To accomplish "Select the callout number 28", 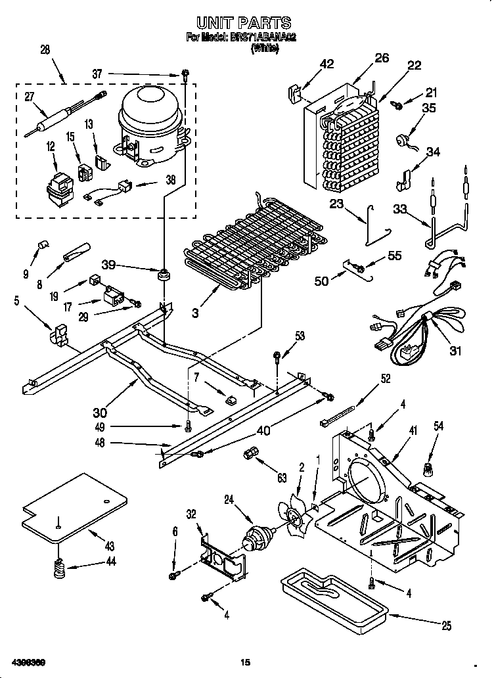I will (x=45, y=50).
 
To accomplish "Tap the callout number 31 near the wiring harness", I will (x=455, y=350).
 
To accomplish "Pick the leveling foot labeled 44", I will (x=59, y=566).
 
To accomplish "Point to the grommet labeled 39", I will (x=160, y=273).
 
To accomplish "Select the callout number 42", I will (x=326, y=64).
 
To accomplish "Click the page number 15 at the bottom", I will (x=245, y=662).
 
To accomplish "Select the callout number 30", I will (x=100, y=413).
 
